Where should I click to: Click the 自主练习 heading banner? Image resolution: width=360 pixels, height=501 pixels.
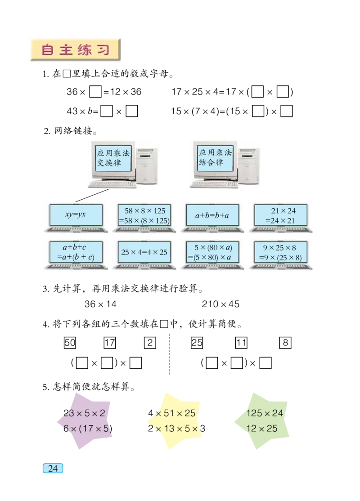tap(75, 50)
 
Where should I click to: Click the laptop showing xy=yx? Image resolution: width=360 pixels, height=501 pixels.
tap(76, 215)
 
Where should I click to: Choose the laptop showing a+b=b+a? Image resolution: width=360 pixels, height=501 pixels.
tap(212, 215)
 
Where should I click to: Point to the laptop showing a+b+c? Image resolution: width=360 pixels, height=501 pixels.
tap(76, 252)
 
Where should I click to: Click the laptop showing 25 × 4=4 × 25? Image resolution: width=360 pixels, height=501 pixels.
tap(144, 252)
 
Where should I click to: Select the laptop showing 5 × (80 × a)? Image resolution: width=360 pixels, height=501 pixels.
tap(212, 252)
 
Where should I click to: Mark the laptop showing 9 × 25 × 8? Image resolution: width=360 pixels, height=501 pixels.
tap(281, 252)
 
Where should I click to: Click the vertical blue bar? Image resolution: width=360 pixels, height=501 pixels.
tap(169, 354)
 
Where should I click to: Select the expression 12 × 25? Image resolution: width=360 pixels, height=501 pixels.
tap(262, 428)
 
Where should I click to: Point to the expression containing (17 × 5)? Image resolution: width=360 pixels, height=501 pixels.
tap(87, 428)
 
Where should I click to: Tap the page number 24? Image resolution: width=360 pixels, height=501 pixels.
tap(53, 468)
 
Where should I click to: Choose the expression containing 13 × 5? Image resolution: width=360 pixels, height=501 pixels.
tap(175, 428)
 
